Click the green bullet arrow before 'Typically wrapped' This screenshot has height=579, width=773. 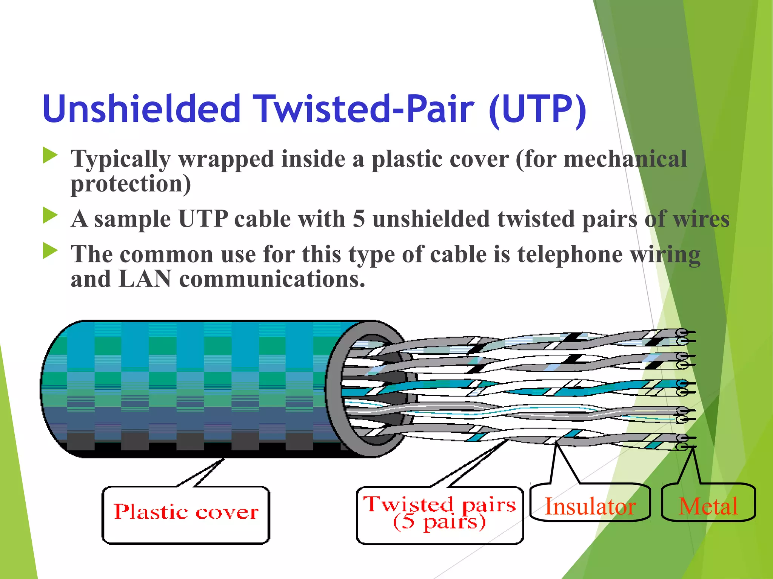[x=50, y=155]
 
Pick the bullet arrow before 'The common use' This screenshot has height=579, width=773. [x=50, y=251]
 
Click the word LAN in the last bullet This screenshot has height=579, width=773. [x=145, y=279]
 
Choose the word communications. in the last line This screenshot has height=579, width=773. [x=272, y=279]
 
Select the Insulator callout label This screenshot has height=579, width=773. [x=590, y=506]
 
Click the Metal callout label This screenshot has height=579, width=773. [x=708, y=506]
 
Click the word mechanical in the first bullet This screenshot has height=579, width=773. [x=625, y=158]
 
